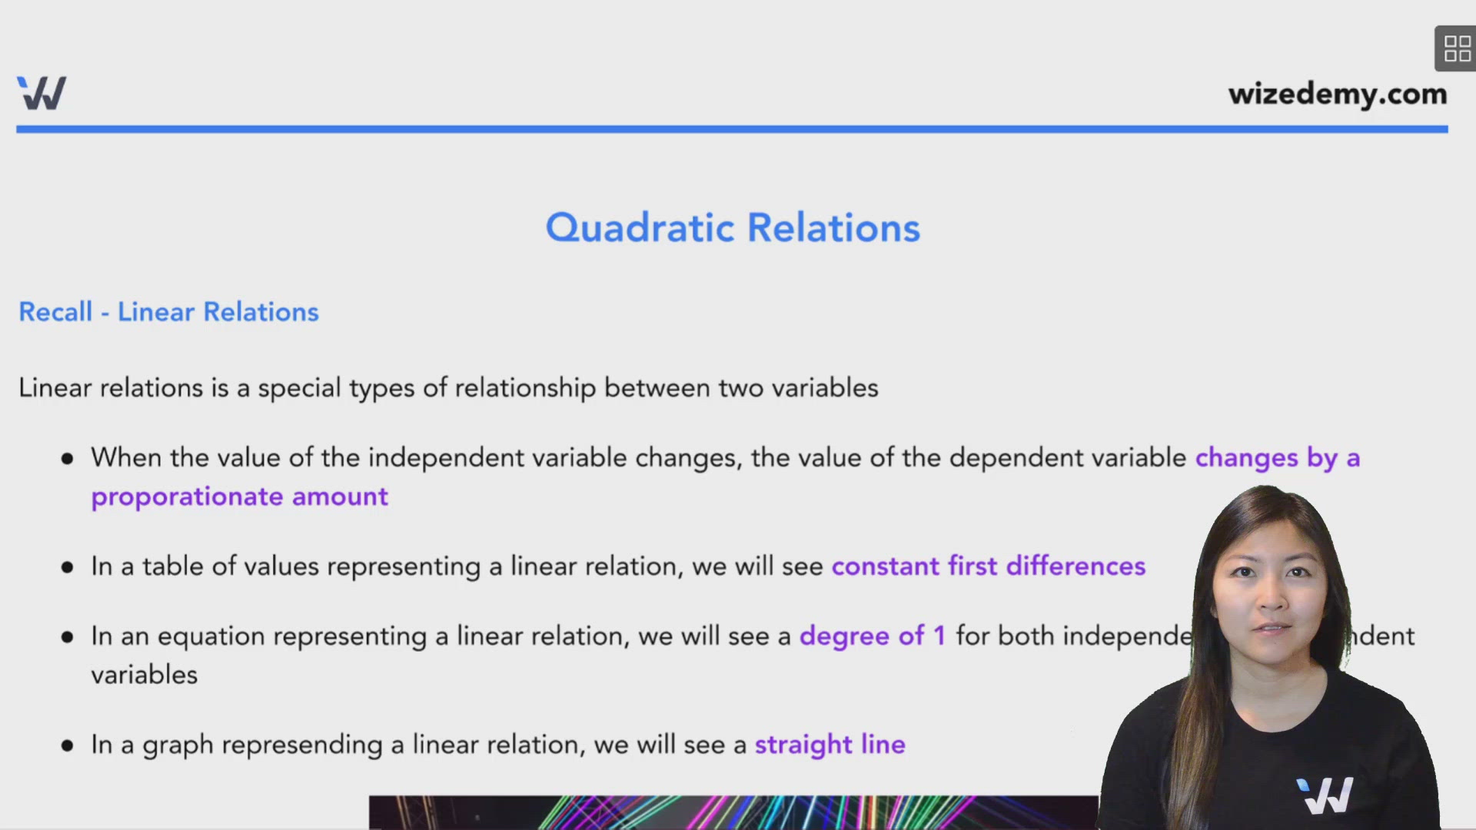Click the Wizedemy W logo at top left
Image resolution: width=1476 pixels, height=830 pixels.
(x=42, y=93)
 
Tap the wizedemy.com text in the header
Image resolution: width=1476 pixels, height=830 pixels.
(x=1337, y=94)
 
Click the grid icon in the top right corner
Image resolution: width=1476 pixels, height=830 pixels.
(x=1456, y=48)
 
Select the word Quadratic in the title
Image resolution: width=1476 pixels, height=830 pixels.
(x=640, y=228)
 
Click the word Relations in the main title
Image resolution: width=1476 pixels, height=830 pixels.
(x=833, y=228)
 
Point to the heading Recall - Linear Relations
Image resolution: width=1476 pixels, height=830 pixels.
(x=168, y=312)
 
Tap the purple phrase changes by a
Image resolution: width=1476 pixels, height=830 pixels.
(x=1277, y=458)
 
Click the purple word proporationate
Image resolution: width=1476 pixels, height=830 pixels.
(x=187, y=497)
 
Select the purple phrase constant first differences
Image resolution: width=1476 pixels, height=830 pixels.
(x=988, y=566)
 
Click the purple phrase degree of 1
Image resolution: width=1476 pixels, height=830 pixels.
(x=872, y=636)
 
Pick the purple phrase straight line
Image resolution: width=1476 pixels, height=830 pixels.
(x=829, y=745)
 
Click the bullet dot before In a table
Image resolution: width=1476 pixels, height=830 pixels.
(x=68, y=568)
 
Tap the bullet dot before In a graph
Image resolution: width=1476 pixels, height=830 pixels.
(x=68, y=745)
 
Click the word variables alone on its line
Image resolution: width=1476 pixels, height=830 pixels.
(x=145, y=675)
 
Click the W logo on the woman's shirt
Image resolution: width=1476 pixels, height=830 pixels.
(x=1324, y=796)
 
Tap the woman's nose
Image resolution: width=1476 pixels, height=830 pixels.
(x=1272, y=596)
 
